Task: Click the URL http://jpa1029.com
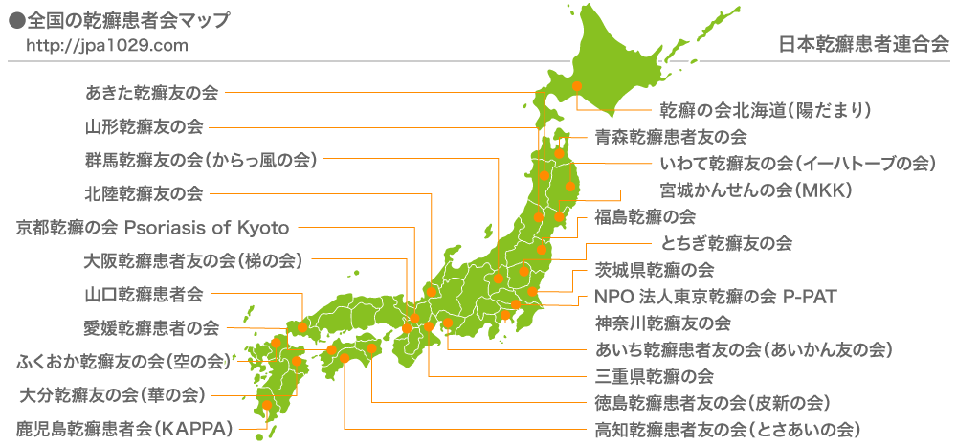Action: pos(107,45)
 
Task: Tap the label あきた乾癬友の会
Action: pos(151,94)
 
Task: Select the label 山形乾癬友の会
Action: pos(144,126)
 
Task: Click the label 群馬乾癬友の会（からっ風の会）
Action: pos(200,159)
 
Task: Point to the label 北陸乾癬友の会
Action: pos(144,194)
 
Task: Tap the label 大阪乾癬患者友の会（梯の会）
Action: pos(193,260)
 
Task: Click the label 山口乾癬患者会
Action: pos(144,294)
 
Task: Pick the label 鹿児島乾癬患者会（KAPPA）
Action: pos(125,428)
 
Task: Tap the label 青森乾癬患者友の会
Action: pos(670,136)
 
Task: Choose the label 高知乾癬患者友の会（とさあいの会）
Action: pos(728,427)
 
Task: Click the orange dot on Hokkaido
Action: pos(577,86)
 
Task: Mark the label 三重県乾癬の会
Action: pos(654,374)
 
